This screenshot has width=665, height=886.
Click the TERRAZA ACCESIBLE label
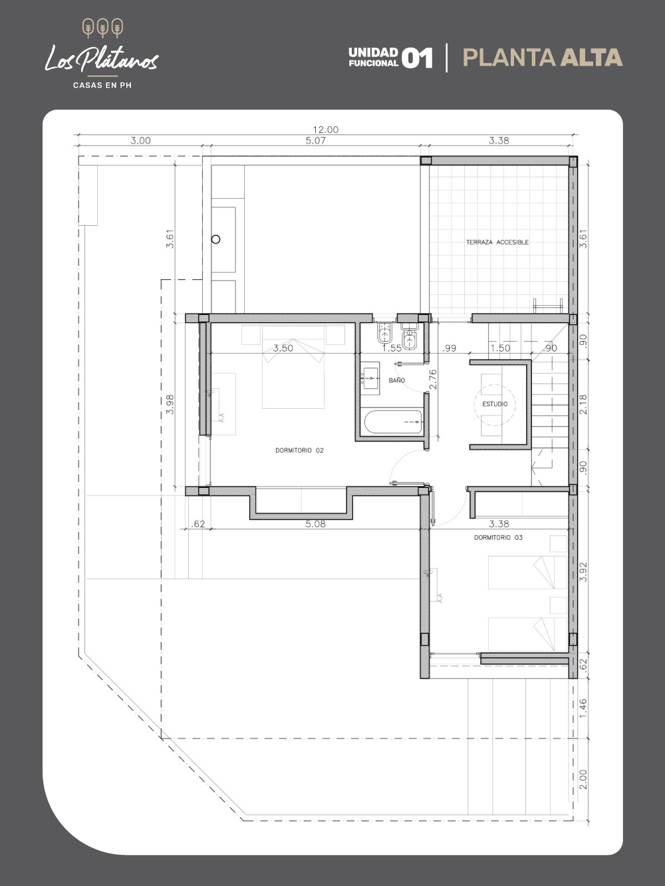(497, 242)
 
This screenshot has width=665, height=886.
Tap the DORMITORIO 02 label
(299, 451)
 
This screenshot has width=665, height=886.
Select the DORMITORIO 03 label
(498, 538)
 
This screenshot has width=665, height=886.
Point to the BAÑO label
(396, 380)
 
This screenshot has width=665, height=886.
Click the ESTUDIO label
(495, 404)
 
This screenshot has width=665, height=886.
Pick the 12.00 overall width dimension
(326, 130)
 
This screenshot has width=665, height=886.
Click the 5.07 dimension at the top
(315, 140)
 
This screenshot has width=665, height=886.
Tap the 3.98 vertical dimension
(170, 405)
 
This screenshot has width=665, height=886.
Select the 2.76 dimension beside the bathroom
(433, 380)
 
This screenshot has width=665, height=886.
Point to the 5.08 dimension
(315, 524)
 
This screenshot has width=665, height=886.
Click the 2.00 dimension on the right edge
(583, 780)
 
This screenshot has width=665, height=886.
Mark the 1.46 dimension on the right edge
(583, 709)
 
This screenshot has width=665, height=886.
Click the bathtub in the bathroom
(393, 422)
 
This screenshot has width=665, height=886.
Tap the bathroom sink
(370, 376)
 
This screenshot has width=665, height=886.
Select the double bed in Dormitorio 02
(293, 366)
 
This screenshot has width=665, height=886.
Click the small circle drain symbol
(216, 239)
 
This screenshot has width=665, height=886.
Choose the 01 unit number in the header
(418, 58)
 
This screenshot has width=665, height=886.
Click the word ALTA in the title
(591, 57)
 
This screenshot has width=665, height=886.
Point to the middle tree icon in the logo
(102, 29)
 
